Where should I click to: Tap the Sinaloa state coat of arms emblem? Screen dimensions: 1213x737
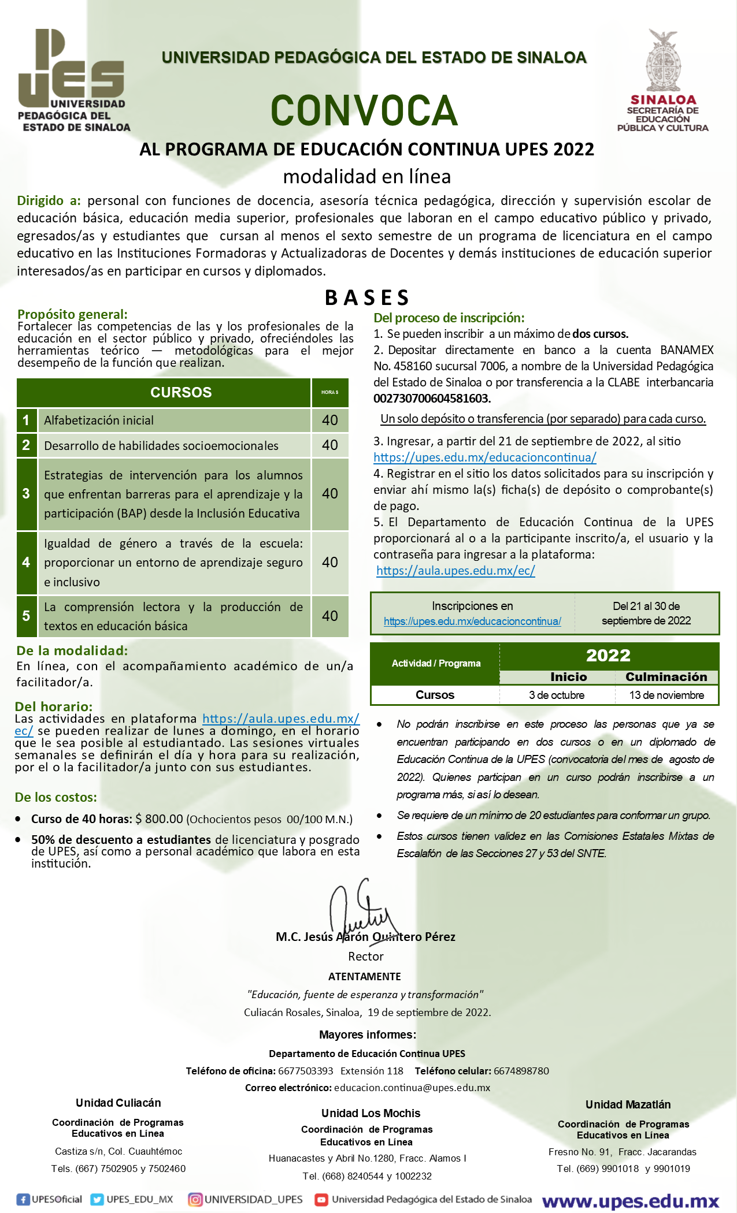pos(663,61)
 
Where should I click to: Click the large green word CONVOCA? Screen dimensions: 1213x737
pos(364,110)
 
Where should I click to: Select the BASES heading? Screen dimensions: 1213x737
pos(367,297)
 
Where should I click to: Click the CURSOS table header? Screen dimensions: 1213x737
pos(181,392)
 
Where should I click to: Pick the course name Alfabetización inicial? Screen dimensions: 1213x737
pos(99,421)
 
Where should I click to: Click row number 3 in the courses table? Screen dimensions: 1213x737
pos(26,494)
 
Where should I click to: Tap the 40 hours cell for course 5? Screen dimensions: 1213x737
pos(330,616)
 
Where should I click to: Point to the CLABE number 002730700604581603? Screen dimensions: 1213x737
pos(432,399)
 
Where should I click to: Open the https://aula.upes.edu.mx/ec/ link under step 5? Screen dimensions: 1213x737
pos(455,571)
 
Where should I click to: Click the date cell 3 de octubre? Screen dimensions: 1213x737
pos(557,695)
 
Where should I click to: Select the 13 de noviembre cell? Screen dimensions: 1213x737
pos(666,695)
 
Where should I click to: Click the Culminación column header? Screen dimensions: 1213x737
pos(666,677)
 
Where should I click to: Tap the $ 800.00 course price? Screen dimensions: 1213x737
pos(159,819)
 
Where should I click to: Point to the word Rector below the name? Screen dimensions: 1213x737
pos(366,957)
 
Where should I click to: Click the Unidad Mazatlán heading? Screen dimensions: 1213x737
pos(628,1104)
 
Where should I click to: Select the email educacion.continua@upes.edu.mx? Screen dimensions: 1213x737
pos(412,1088)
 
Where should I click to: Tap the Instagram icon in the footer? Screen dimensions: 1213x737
pos(195,1199)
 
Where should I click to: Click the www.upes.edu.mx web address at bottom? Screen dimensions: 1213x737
pos(631,1201)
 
